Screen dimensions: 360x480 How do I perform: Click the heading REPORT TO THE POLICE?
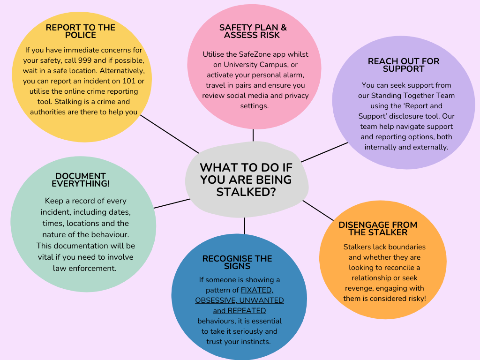pyautogui.click(x=80, y=31)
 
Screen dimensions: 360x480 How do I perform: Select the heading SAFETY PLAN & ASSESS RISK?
pyautogui.click(x=253, y=31)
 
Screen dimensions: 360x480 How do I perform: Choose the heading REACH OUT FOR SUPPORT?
pyautogui.click(x=404, y=65)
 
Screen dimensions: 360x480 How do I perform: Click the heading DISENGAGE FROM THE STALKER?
pyautogui.click(x=378, y=229)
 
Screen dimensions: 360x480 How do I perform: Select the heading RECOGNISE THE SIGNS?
pyautogui.click(x=237, y=262)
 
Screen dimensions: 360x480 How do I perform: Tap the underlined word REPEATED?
pyautogui.click(x=246, y=311)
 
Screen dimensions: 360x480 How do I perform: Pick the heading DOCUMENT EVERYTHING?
pyautogui.click(x=81, y=180)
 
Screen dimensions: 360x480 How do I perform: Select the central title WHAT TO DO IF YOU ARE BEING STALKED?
pyautogui.click(x=246, y=180)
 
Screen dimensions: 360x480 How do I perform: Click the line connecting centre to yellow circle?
pyautogui.click(x=170, y=134)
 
